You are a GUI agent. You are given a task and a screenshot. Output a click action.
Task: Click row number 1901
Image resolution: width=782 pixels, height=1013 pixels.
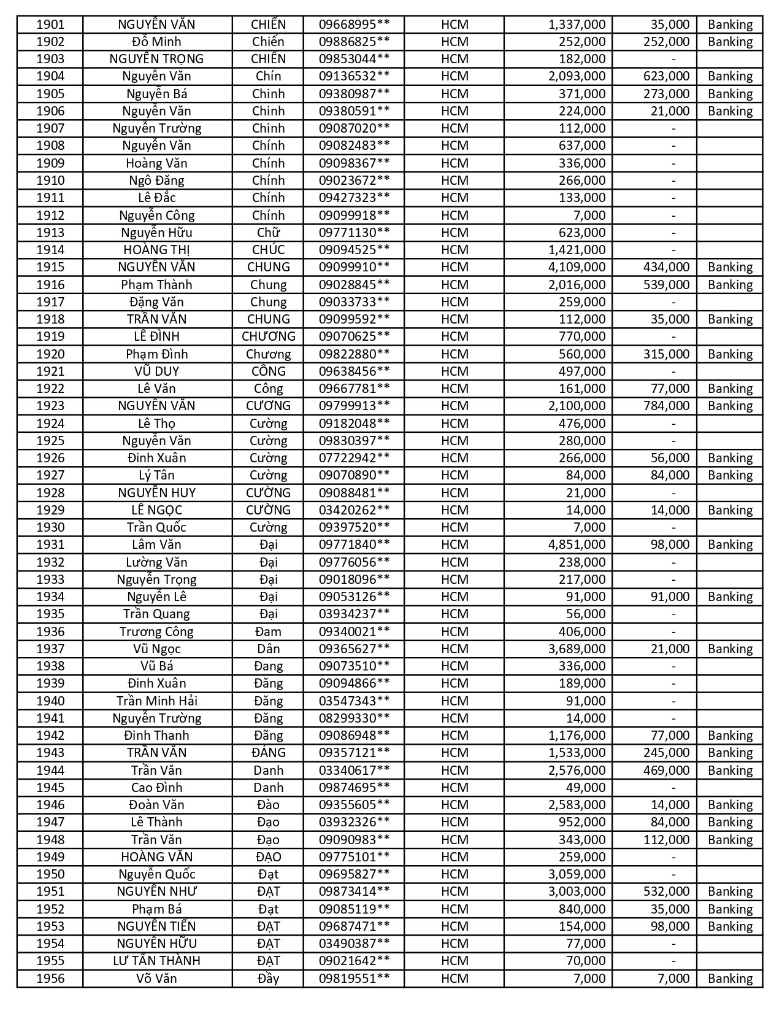[50, 25]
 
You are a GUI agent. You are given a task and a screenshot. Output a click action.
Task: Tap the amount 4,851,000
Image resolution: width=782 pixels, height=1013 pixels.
[577, 545]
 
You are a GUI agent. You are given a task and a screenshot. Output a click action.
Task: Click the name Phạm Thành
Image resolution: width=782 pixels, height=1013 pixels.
[156, 285]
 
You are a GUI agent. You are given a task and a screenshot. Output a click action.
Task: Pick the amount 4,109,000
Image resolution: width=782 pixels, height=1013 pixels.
[577, 267]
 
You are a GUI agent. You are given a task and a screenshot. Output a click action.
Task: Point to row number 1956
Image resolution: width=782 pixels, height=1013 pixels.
[50, 979]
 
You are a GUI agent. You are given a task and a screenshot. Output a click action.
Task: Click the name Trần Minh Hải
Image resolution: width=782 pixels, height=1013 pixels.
[156, 701]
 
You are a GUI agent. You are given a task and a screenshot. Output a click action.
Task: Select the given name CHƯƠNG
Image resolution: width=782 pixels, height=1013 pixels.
[268, 336]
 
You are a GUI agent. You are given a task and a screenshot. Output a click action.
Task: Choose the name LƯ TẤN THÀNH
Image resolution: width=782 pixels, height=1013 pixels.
[156, 961]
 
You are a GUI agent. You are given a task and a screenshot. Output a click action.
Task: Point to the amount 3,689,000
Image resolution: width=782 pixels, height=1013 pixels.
[577, 649]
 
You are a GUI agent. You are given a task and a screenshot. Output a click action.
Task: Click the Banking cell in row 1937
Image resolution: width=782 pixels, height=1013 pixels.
[730, 649]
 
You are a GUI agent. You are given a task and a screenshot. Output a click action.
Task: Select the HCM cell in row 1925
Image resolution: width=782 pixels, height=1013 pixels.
[454, 441]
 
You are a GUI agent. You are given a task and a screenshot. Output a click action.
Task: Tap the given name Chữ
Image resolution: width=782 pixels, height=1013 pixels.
[268, 233]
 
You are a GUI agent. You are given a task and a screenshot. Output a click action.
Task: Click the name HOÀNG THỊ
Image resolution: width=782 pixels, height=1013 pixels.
[156, 250]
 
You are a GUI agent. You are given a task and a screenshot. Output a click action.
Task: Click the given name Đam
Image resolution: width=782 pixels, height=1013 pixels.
[268, 632]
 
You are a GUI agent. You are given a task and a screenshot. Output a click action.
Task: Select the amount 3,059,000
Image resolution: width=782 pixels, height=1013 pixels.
[577, 874]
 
